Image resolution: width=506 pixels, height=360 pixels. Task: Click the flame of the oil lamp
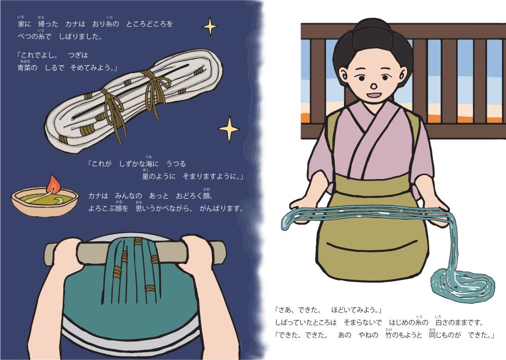click(x=52, y=184)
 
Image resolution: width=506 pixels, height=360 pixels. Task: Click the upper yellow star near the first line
click(x=210, y=27)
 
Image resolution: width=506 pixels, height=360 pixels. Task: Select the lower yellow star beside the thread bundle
click(x=229, y=129)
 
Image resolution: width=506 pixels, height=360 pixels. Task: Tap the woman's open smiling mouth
click(x=375, y=95)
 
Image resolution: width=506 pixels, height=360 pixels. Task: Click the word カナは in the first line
click(x=75, y=24)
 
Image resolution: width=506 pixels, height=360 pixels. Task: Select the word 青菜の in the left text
click(x=27, y=68)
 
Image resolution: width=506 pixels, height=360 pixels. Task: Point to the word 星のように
click(x=159, y=176)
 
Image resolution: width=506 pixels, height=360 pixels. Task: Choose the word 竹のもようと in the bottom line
click(x=404, y=335)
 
